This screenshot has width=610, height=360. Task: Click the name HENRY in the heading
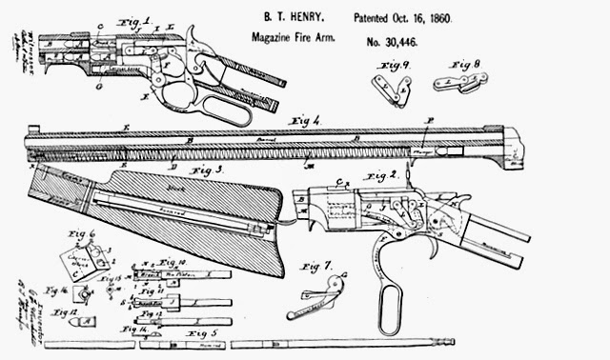tap(315, 18)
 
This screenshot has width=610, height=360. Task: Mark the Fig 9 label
tap(395, 65)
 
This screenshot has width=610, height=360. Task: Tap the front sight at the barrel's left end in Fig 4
tap(32, 130)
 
